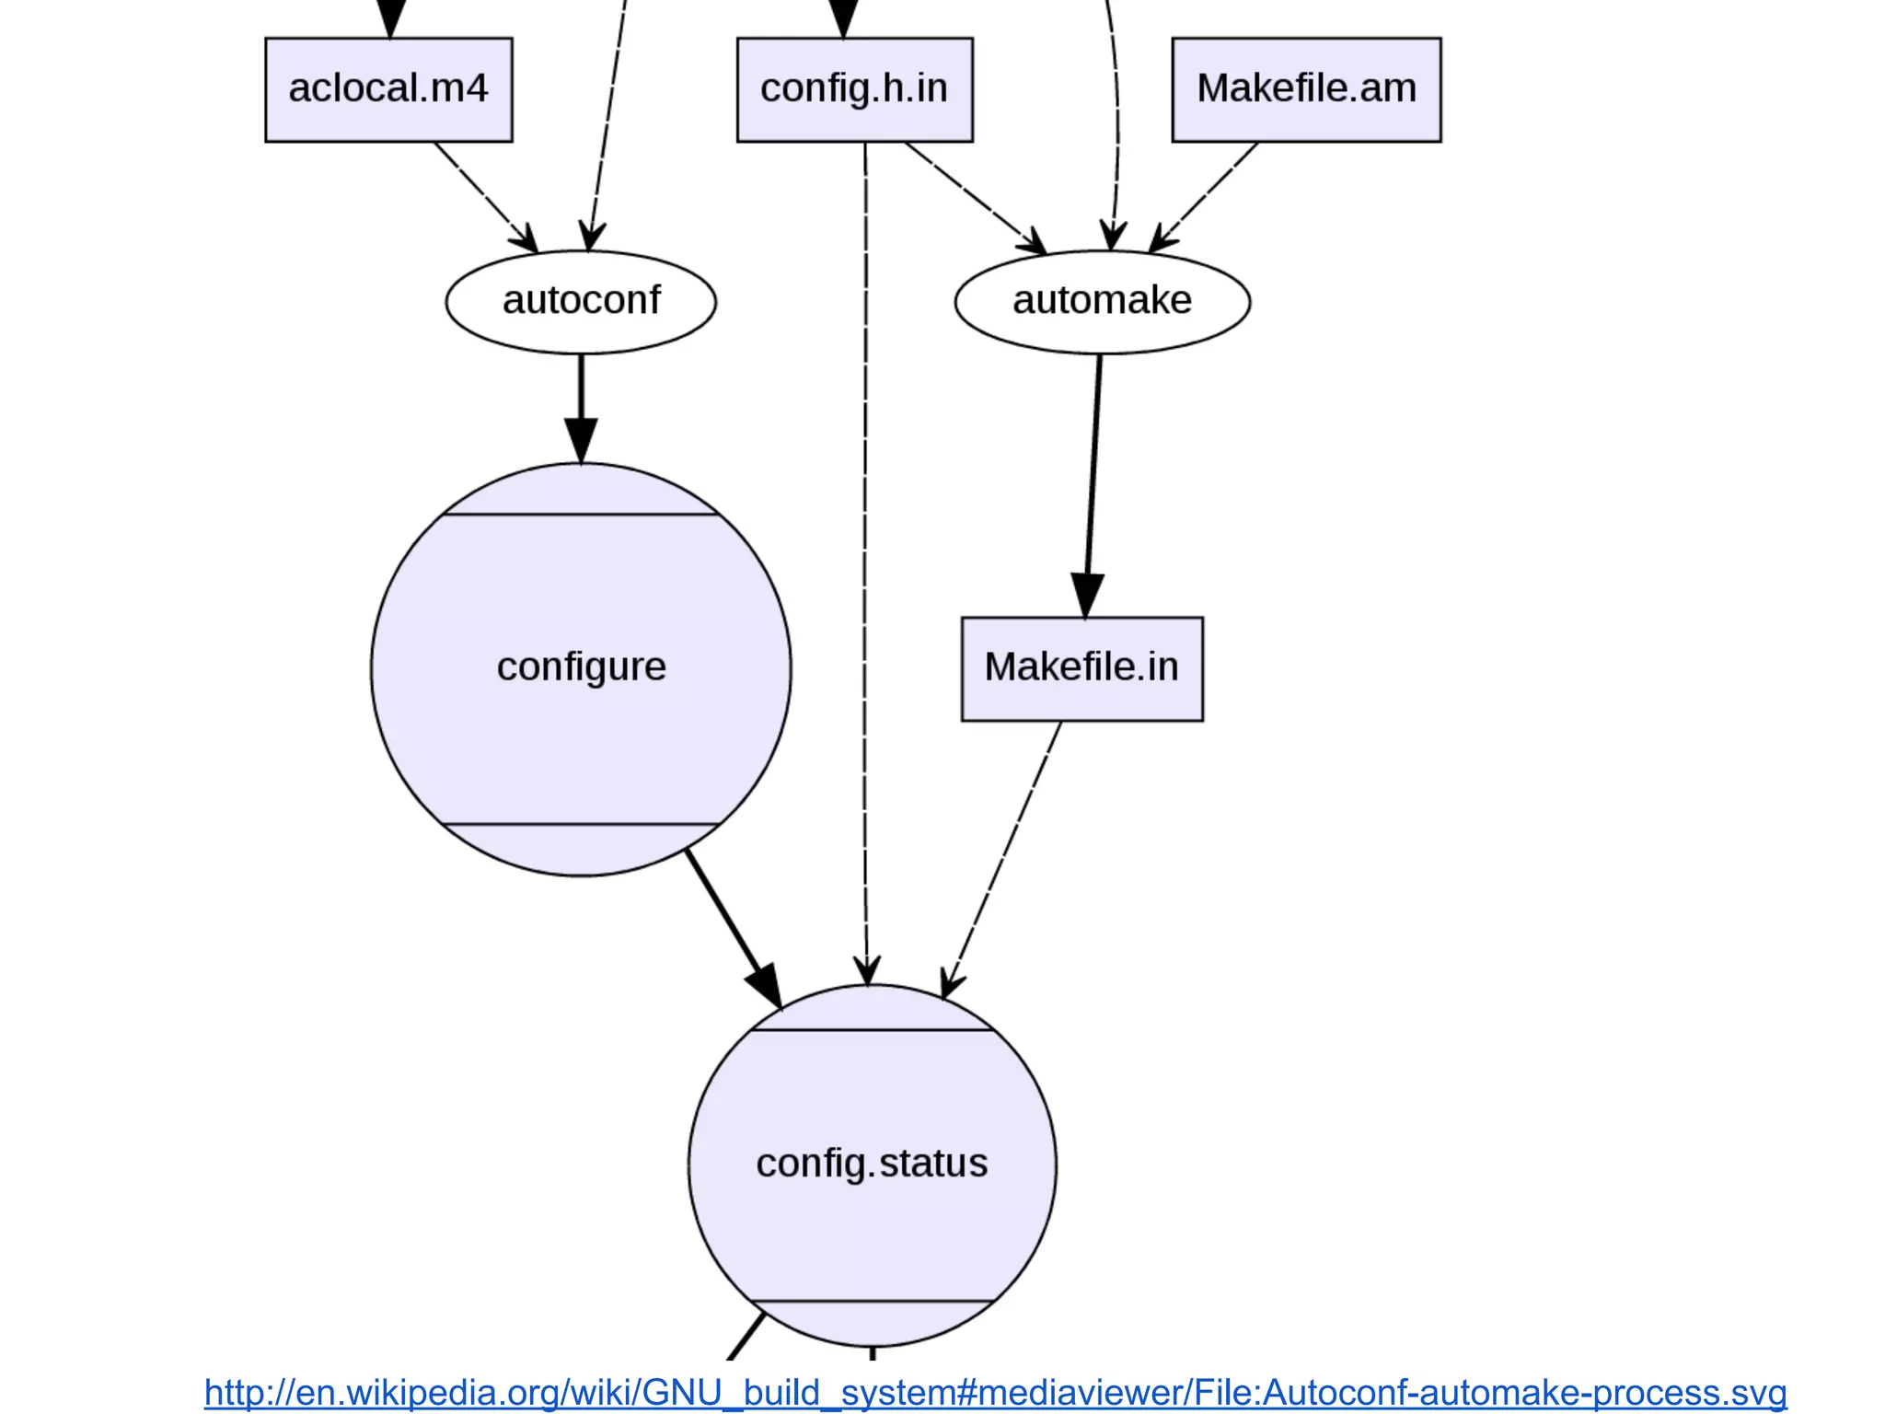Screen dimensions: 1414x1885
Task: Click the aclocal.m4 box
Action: coord(388,89)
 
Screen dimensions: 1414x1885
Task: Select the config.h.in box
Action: coord(854,89)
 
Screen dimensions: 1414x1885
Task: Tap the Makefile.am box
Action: coord(1305,89)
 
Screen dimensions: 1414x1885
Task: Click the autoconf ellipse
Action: coord(581,301)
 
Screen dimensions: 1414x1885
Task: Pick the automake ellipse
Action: coord(1102,301)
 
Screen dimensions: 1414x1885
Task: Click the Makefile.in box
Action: coord(1081,668)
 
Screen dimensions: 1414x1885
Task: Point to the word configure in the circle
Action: coord(581,666)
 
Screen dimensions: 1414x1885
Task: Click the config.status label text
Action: coord(872,1164)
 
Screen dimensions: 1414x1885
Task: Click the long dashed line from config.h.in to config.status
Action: coord(865,552)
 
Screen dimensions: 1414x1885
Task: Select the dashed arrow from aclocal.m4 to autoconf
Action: coord(485,196)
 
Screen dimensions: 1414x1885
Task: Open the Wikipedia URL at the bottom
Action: coord(995,1392)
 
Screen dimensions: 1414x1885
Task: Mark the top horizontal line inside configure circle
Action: coord(581,515)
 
